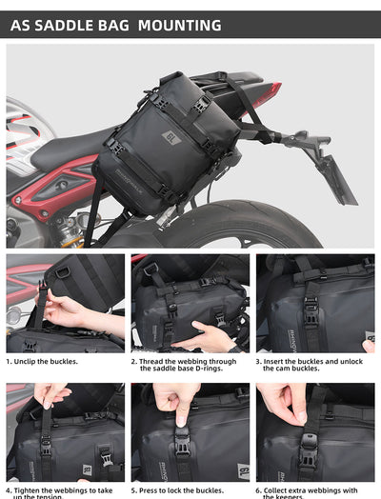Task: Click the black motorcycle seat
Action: coord(71,148)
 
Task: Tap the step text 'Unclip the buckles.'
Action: coord(43,362)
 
